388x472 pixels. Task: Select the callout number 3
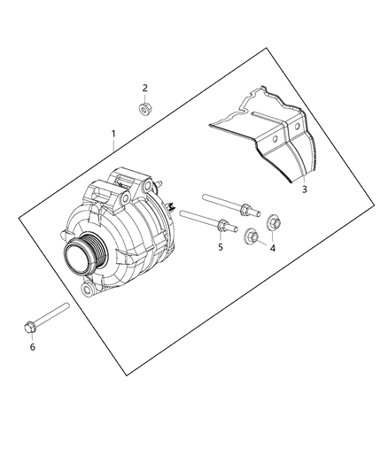tap(304, 190)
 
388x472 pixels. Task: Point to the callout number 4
tap(273, 249)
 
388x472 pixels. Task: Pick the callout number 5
tap(221, 248)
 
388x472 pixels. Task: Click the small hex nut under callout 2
tap(145, 108)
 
